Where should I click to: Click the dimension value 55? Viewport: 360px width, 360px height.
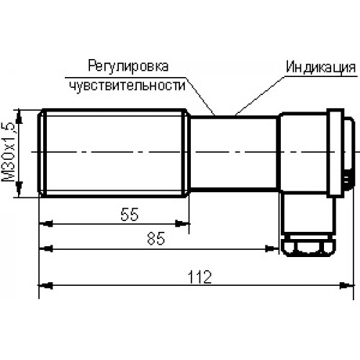click(130, 215)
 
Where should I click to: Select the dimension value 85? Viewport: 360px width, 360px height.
click(156, 238)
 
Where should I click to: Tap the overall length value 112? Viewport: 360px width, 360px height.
click(199, 277)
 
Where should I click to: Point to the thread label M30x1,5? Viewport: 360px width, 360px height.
click(9, 153)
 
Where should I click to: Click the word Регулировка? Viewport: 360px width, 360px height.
click(128, 66)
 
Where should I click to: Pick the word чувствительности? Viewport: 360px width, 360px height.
click(127, 86)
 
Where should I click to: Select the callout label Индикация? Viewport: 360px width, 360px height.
click(321, 67)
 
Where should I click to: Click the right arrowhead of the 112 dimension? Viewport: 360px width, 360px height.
click(347, 286)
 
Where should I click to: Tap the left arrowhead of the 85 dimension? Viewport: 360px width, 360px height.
click(46, 248)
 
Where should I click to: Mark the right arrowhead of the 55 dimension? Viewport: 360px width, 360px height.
click(182, 224)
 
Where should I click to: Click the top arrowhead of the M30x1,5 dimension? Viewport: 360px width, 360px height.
click(19, 117)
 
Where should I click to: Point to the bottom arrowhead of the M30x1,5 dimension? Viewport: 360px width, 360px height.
click(19, 189)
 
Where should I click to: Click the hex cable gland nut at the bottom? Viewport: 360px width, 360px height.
click(308, 247)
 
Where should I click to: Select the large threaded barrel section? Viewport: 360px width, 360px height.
click(114, 153)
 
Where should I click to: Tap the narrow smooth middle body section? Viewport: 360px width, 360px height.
click(234, 153)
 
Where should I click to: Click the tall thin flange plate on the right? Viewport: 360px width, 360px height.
click(336, 153)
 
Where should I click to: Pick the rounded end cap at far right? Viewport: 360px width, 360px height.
click(349, 153)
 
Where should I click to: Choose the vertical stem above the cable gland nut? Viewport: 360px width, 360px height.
click(308, 214)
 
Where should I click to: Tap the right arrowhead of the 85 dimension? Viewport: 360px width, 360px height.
click(271, 248)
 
